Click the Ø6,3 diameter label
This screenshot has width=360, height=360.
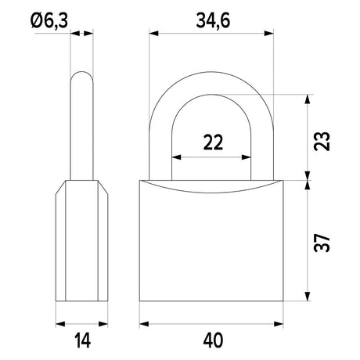(x=49, y=21)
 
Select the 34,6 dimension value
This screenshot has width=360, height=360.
(x=213, y=21)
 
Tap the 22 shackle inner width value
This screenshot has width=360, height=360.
(x=213, y=142)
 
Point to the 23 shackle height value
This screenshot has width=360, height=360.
(x=322, y=141)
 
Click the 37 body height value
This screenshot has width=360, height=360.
(x=322, y=243)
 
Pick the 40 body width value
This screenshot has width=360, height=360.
(x=213, y=340)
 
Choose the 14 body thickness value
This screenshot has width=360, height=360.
(x=83, y=340)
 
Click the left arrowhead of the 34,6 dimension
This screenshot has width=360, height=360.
(x=153, y=34)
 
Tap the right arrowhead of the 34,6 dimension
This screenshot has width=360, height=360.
(x=269, y=34)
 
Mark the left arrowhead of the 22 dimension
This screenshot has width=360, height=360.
(x=176, y=157)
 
